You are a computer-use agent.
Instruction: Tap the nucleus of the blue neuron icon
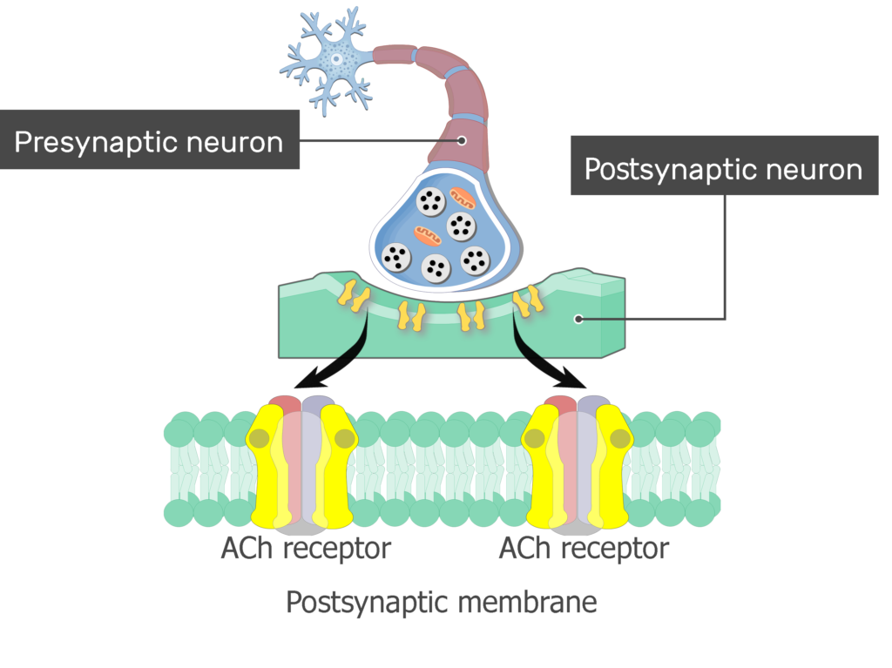(x=335, y=58)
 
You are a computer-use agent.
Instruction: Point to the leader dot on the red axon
(x=462, y=140)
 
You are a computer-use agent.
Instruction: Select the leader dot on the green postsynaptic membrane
(x=578, y=319)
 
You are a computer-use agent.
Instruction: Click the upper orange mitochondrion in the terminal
(x=462, y=200)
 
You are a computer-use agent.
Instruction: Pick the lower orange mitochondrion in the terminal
(x=428, y=235)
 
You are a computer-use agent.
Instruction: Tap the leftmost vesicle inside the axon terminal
(x=396, y=256)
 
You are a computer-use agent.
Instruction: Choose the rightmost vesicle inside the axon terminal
(x=475, y=260)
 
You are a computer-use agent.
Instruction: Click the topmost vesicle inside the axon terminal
(x=430, y=202)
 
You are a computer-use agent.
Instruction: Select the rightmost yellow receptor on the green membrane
(x=528, y=300)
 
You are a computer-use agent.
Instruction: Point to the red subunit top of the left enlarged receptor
(x=284, y=404)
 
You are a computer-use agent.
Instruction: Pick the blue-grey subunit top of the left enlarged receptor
(x=315, y=404)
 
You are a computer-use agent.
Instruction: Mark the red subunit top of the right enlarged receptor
(x=562, y=404)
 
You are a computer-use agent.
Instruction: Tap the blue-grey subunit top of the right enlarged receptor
(x=593, y=404)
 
